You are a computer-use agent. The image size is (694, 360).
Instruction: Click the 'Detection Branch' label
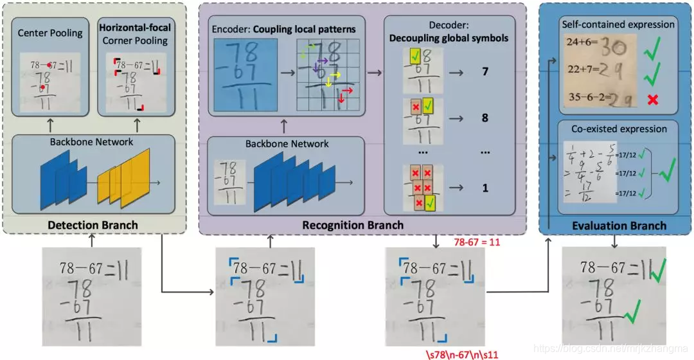tap(94, 225)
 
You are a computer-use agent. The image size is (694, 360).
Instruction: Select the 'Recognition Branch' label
tap(353, 225)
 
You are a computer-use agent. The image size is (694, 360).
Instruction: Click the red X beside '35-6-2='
tap(653, 98)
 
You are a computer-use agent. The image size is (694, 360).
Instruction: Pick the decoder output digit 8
tap(485, 118)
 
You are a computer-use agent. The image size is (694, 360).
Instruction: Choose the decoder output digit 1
tap(485, 188)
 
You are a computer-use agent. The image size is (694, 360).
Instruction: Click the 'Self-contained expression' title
tap(618, 24)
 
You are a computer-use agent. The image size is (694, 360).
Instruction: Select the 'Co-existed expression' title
tap(619, 129)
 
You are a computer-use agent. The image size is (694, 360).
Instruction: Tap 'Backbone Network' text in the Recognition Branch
tap(287, 143)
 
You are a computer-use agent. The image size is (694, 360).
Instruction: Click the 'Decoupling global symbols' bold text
tap(449, 38)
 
